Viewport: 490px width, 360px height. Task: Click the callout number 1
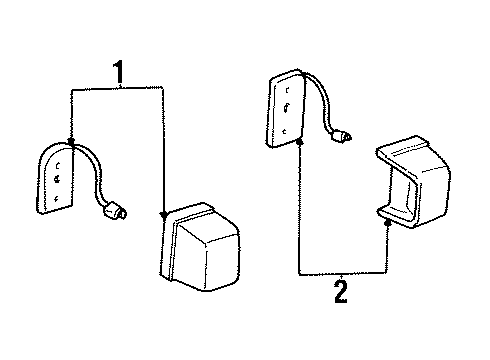click(x=118, y=72)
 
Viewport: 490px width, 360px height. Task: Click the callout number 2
click(x=341, y=292)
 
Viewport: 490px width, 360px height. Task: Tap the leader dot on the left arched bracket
click(x=71, y=142)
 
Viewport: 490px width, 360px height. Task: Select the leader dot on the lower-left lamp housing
click(x=164, y=215)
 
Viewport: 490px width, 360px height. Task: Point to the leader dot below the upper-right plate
click(x=299, y=142)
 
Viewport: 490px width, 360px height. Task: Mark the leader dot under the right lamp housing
click(x=387, y=223)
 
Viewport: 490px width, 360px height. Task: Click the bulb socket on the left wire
click(x=115, y=211)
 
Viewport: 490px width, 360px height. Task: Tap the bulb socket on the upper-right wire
click(x=341, y=135)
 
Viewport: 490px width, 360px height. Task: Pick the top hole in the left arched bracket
click(x=58, y=165)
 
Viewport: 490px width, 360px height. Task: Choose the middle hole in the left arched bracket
click(x=58, y=179)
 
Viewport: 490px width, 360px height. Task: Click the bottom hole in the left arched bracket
click(x=57, y=199)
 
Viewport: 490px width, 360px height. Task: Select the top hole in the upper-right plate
click(x=287, y=90)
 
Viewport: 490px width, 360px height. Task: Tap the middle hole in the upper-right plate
click(x=286, y=108)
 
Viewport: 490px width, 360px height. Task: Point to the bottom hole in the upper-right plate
click(x=284, y=131)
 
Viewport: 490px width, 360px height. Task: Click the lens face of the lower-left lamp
click(x=208, y=255)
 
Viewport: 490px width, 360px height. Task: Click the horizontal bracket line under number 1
click(x=117, y=89)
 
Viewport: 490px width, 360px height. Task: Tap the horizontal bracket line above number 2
click(x=343, y=274)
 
